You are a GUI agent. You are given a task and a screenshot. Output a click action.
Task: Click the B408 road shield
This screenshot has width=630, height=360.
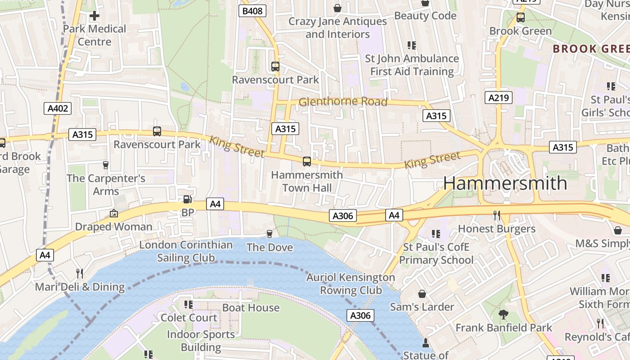tap(252, 11)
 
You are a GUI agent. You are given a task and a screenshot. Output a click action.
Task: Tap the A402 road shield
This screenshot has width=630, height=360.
tap(58, 108)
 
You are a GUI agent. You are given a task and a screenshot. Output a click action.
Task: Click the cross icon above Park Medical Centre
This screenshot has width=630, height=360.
tap(94, 16)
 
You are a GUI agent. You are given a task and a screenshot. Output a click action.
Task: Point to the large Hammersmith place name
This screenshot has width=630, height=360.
tap(505, 183)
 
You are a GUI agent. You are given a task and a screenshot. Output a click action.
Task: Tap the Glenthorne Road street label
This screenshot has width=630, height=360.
tap(343, 102)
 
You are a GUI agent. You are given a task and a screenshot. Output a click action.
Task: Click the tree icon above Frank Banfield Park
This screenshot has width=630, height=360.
tap(503, 315)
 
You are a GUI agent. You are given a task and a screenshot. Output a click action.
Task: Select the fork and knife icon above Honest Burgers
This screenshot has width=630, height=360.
tap(497, 216)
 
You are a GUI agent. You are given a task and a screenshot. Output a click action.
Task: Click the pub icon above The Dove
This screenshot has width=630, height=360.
tap(270, 234)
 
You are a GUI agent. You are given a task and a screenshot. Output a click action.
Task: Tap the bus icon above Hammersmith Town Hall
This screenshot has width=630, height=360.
tap(307, 162)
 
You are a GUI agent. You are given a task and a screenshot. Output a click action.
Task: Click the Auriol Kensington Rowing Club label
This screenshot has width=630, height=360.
tap(351, 284)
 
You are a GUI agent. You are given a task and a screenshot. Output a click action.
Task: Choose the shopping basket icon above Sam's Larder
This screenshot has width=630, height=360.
tap(422, 294)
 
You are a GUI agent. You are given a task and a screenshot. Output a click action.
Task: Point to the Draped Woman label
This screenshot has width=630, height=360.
tap(113, 226)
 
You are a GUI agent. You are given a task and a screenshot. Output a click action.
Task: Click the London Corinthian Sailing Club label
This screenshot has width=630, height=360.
tap(186, 251)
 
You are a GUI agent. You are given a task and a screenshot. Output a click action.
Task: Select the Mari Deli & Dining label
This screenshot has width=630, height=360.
tap(80, 287)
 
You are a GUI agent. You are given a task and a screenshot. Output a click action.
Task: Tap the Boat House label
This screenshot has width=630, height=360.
tap(251, 308)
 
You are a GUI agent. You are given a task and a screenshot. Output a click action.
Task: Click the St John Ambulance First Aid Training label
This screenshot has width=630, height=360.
tap(412, 65)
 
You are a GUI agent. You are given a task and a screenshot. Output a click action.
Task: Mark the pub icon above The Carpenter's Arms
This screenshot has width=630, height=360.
tap(106, 165)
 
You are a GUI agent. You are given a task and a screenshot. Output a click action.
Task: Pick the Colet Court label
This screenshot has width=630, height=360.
tap(189, 317)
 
